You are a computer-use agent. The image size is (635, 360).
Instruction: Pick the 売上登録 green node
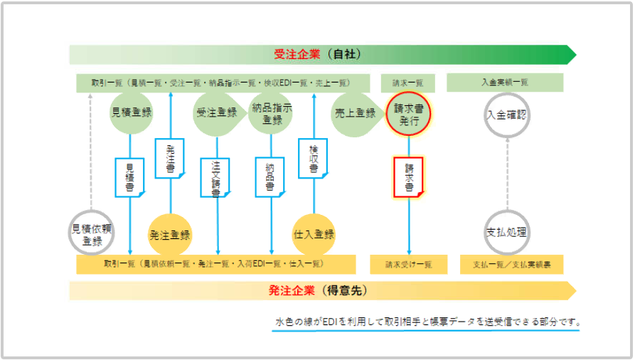(354, 112)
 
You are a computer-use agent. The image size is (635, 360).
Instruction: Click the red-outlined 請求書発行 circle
(409, 114)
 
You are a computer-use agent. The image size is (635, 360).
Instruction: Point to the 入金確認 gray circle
(506, 114)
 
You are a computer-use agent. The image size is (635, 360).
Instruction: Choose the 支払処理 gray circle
(506, 233)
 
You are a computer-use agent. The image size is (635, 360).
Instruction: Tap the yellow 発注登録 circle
(170, 234)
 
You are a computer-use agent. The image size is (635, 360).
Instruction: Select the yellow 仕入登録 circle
(314, 234)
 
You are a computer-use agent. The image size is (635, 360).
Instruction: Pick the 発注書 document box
(170, 157)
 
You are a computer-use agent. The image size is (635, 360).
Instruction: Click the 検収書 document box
(313, 158)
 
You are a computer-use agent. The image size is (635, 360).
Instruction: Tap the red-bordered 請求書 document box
(409, 176)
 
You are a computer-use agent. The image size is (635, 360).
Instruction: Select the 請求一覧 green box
(408, 83)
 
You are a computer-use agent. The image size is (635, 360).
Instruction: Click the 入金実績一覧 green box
(505, 83)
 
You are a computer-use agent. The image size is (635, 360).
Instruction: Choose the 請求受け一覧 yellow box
(408, 265)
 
